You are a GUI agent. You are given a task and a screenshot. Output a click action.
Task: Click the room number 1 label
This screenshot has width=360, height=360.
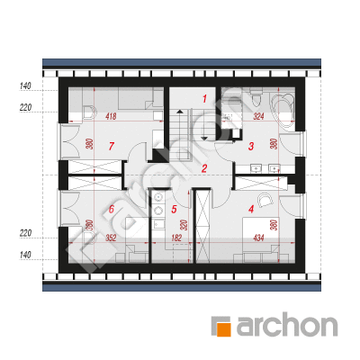coord(204,98)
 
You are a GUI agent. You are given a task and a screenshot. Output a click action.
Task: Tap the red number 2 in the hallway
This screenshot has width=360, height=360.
coord(204,168)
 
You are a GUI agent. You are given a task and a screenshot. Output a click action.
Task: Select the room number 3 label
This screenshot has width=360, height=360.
coord(251,146)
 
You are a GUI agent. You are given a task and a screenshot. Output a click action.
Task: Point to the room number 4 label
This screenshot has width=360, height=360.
coord(251,209)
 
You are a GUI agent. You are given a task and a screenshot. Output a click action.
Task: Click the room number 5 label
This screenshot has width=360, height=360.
coord(174,210)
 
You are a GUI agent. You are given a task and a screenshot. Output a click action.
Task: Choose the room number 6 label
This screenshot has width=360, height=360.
coord(112,209)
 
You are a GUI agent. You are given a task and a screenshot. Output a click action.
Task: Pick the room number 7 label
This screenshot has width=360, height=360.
coord(112,146)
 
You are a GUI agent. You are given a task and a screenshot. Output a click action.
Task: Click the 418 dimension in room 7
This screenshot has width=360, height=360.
coord(111,116)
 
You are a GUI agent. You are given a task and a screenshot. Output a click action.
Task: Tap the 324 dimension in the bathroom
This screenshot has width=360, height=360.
coord(258,116)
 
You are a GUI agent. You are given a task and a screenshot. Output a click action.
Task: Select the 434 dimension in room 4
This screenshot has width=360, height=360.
coord(258,238)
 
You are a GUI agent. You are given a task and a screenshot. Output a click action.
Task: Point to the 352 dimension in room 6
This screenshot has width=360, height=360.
coord(111,238)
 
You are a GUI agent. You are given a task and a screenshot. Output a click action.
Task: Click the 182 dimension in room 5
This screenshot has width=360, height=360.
coord(176,238)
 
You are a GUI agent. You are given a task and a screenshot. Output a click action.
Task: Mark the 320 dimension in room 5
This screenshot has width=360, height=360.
coord(184,225)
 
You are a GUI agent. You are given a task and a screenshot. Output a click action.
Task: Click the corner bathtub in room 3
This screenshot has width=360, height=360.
coord(283,111)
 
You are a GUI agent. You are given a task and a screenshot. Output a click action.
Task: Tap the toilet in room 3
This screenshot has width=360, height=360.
coord(256,99)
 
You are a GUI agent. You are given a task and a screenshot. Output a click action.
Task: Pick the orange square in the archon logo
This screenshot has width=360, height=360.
coord(224,329)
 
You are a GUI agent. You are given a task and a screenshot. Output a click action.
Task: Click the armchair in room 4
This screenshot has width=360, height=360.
coord(265,199)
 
